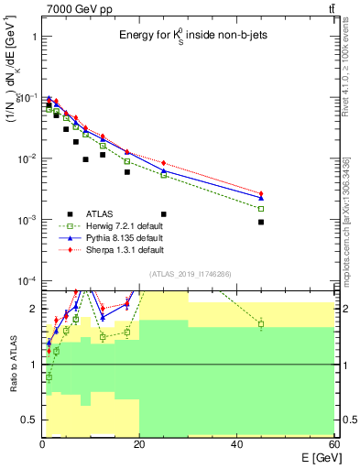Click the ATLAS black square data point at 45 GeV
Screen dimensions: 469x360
tap(261, 222)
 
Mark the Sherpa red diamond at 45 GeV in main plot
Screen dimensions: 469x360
tap(261, 193)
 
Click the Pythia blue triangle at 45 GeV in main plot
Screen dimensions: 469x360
tap(261, 198)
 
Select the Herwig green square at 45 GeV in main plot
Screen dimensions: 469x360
tap(261, 209)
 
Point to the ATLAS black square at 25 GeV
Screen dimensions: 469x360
tap(164, 213)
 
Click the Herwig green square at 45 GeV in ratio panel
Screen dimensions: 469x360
tap(261, 324)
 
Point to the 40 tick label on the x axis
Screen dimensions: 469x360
tap(236, 444)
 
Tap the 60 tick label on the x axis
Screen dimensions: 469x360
tap(333, 444)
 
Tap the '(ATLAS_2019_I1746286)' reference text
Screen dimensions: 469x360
tap(190, 274)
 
